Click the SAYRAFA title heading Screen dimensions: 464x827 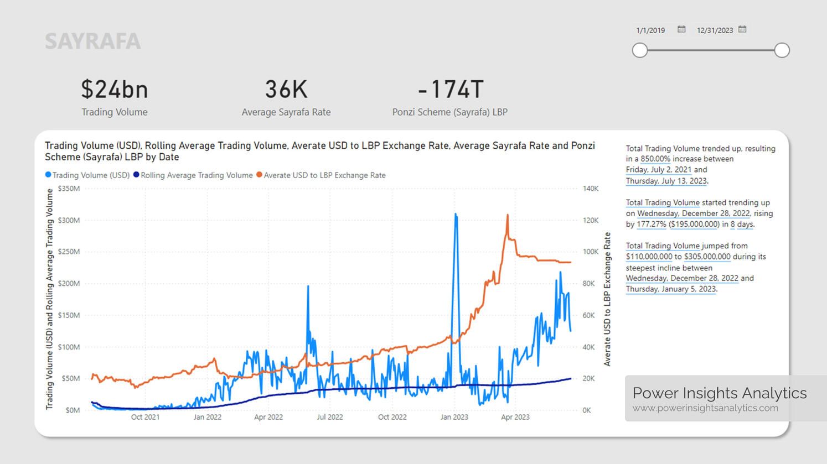pyautogui.click(x=92, y=41)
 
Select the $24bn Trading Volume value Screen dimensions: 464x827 pyautogui.click(x=115, y=89)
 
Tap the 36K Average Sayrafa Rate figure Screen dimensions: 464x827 pyautogui.click(x=286, y=89)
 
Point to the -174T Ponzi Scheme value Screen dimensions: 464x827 pyautogui.click(x=450, y=89)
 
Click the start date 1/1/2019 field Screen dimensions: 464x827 pyautogui.click(x=650, y=30)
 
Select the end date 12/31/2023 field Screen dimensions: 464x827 pyautogui.click(x=715, y=30)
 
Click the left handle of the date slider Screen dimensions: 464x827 pyautogui.click(x=640, y=50)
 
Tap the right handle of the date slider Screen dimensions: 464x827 pyautogui.click(x=782, y=50)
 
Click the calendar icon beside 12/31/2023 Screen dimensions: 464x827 pyautogui.click(x=742, y=29)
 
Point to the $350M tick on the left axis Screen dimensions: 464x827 pyautogui.click(x=69, y=189)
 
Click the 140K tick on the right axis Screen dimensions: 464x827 pyautogui.click(x=591, y=189)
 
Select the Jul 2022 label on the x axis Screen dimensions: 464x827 pyautogui.click(x=330, y=417)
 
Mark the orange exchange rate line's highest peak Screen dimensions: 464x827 pyautogui.click(x=508, y=215)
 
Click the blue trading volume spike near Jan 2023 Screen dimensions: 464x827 pyautogui.click(x=456, y=214)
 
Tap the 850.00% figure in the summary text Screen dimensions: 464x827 pyautogui.click(x=655, y=159)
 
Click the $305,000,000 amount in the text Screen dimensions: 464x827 pyautogui.click(x=707, y=257)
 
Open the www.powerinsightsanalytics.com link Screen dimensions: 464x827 pyautogui.click(x=705, y=408)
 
